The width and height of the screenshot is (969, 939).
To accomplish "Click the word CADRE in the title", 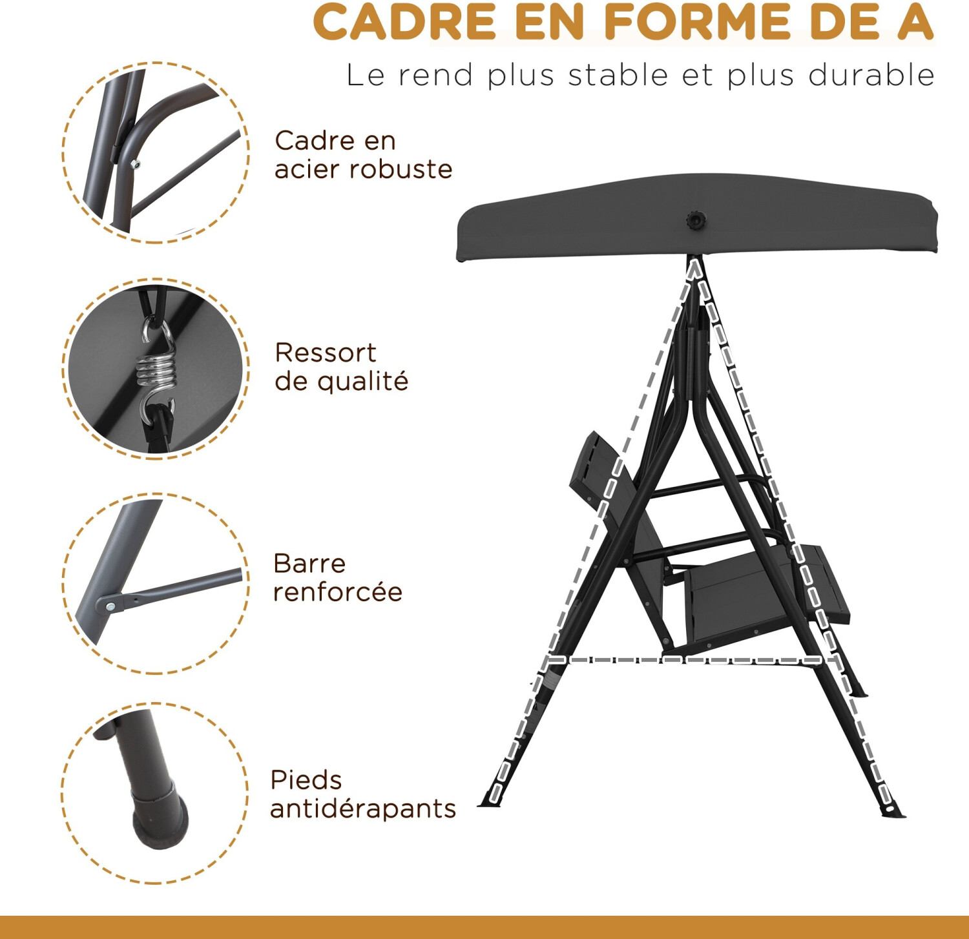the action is point(405,22).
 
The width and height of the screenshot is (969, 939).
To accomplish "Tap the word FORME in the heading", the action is point(698,22).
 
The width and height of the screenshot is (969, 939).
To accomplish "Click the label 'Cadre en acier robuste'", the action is point(363,155).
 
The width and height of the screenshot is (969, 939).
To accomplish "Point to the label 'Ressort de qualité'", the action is point(341,367).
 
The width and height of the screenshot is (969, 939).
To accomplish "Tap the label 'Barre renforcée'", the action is point(338,577).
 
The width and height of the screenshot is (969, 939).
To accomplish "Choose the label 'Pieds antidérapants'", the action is point(363,794).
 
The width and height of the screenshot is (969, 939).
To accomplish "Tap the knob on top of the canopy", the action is point(696,220).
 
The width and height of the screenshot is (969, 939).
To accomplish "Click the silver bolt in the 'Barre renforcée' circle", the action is point(110,606).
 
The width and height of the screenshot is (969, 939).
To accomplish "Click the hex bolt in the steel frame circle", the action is point(135,164).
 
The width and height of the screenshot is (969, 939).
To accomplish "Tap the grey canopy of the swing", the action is point(696,217).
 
